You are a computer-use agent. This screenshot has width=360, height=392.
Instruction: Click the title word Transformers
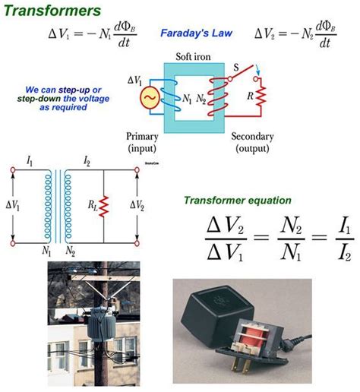51,11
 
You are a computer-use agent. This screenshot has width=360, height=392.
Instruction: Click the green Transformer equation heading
237,200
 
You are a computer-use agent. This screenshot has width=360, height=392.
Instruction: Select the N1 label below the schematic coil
46,249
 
